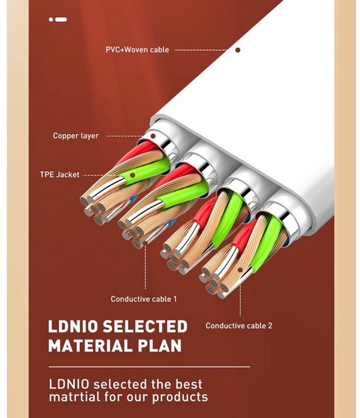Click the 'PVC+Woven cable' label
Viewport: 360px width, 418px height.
(x=137, y=50)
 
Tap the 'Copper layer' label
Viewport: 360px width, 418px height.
(x=76, y=135)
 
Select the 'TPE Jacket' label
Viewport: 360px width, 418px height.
(x=60, y=175)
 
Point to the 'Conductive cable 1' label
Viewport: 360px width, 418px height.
(x=144, y=299)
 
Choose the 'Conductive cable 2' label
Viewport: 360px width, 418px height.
(x=239, y=326)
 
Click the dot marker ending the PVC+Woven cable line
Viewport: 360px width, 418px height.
(x=238, y=50)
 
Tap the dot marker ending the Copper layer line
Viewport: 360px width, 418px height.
(x=153, y=136)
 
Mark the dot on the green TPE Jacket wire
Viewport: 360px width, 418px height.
(x=132, y=175)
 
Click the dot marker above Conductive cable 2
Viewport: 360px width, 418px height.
(x=240, y=270)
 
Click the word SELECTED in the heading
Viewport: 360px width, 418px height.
(x=145, y=326)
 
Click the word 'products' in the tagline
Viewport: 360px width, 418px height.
(x=180, y=397)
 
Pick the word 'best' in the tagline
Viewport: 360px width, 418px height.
(x=189, y=384)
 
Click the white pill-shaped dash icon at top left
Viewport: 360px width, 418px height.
(x=61, y=19)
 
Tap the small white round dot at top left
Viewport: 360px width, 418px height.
(x=51, y=19)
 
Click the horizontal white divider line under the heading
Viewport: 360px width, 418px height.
(x=149, y=367)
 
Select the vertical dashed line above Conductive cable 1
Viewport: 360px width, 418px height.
(x=145, y=267)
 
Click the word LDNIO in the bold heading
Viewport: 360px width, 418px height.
(x=73, y=326)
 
